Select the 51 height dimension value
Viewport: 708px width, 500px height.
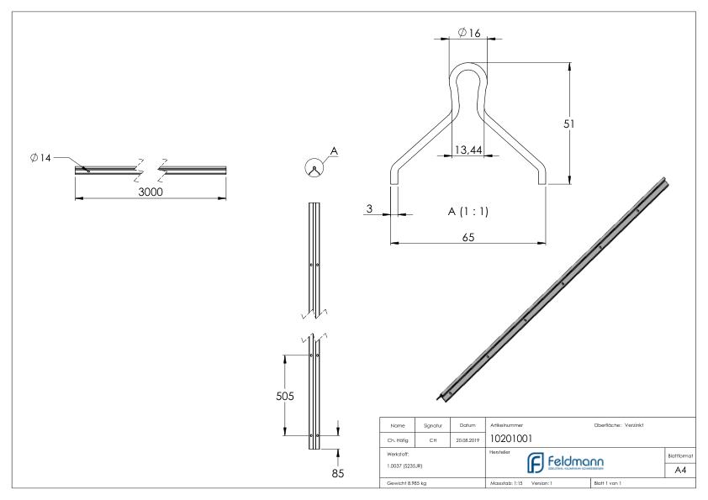pos(568,123)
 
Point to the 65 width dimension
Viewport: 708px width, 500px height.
pos(468,238)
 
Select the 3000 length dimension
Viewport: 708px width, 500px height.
pos(151,192)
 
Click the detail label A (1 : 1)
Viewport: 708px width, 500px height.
pos(468,211)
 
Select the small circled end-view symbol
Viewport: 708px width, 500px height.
pos(313,167)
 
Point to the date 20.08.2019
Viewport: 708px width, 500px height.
pos(468,438)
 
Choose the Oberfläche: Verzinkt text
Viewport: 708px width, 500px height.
pos(623,425)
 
